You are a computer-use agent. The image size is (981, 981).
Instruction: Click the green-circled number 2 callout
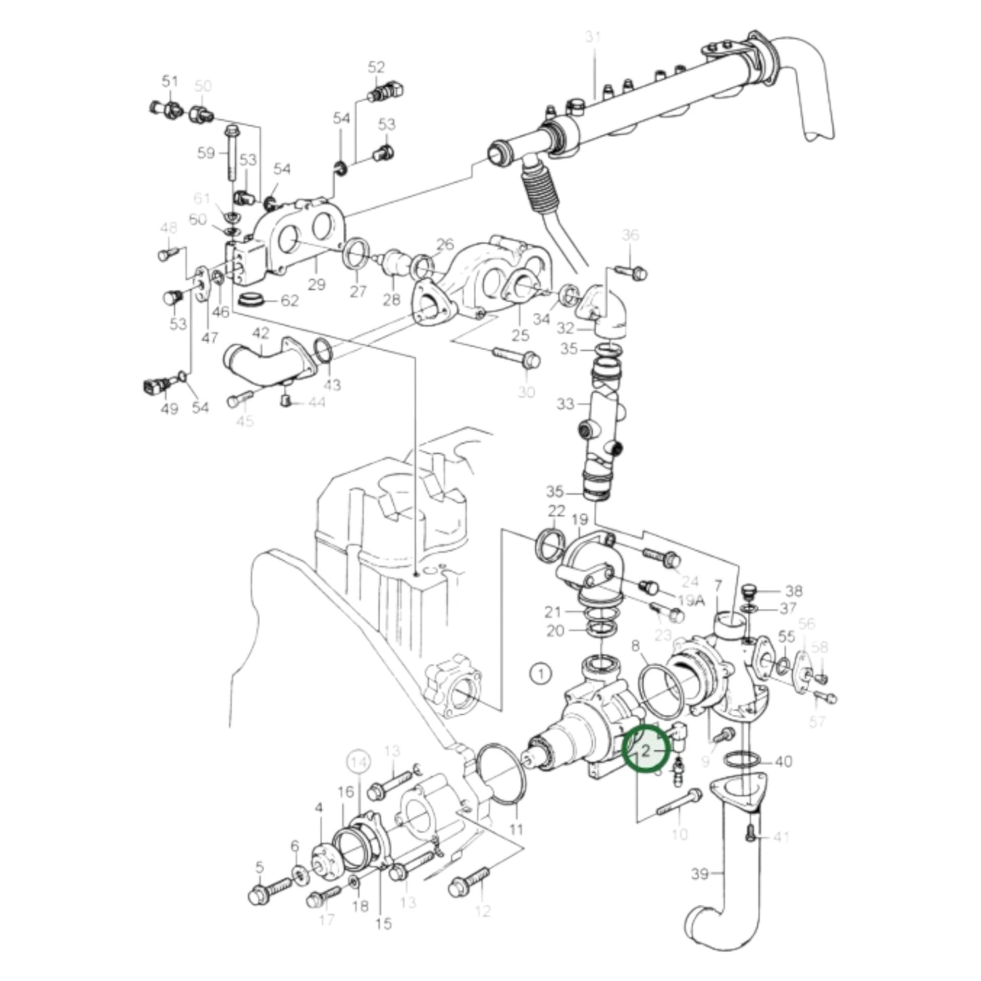tap(646, 749)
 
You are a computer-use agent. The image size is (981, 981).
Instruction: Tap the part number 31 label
tap(593, 38)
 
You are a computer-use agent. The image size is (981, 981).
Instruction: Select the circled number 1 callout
tap(540, 674)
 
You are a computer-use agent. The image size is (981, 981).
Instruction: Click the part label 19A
tap(692, 600)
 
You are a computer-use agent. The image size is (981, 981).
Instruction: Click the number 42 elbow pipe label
tap(261, 333)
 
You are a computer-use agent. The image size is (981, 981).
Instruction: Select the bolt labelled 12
tap(470, 881)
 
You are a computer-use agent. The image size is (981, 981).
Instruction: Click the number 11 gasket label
tap(516, 829)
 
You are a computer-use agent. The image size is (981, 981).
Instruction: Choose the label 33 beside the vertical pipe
tap(565, 405)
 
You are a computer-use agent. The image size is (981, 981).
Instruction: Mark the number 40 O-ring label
tap(783, 762)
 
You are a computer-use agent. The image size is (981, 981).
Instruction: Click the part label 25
tap(520, 335)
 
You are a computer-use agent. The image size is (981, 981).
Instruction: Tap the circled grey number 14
tap(359, 762)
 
